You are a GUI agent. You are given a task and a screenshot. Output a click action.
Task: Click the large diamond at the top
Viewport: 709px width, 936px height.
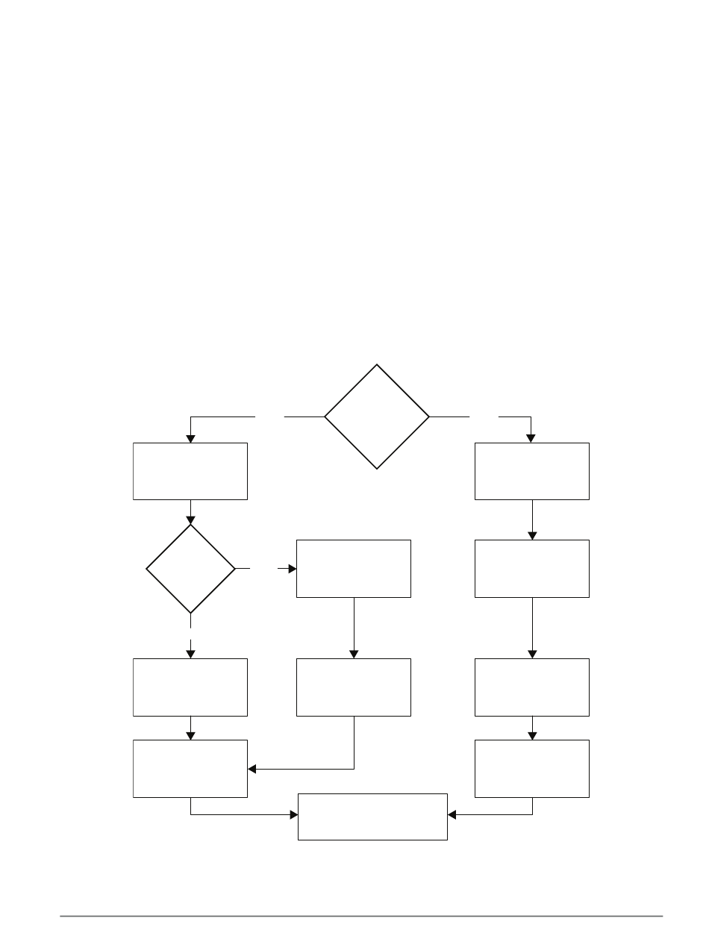[377, 416]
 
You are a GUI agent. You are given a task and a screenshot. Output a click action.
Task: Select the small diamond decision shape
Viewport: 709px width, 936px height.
[190, 569]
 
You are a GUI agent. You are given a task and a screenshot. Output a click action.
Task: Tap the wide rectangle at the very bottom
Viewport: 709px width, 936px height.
[372, 817]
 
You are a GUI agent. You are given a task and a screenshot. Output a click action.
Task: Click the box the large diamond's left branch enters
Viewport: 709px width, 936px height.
[190, 471]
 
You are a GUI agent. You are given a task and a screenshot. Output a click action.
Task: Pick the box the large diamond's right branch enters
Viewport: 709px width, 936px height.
[532, 471]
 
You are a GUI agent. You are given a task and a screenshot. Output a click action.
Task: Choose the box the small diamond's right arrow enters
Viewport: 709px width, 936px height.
[354, 568]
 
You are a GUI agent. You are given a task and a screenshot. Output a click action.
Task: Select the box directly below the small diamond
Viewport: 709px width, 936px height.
[190, 687]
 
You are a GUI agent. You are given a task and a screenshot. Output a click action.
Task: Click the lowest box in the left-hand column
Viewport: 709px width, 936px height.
[190, 768]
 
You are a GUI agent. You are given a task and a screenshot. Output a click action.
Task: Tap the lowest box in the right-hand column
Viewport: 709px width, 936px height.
[532, 768]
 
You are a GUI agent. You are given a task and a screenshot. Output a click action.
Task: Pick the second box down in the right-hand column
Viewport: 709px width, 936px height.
[532, 568]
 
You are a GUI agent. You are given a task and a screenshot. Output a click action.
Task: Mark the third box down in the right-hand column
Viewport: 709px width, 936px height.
[532, 687]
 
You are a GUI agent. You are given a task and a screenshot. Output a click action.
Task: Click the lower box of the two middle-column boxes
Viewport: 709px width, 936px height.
[354, 687]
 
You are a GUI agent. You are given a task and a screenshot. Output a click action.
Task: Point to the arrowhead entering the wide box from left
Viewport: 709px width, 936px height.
[293, 814]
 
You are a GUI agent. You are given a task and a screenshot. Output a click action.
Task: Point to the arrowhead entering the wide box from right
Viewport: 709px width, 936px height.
[452, 814]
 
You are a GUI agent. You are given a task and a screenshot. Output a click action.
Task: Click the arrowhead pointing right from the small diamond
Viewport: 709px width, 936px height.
[292, 569]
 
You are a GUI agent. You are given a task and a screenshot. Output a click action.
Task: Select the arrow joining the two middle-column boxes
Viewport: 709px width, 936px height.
[354, 627]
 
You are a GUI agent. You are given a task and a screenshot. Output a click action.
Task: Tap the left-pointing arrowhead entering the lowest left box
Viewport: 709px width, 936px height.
[252, 768]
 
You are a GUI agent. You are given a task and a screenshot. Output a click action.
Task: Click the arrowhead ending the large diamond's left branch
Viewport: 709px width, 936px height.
[190, 438]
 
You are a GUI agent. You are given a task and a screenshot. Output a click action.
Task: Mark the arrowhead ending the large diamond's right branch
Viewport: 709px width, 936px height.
[532, 438]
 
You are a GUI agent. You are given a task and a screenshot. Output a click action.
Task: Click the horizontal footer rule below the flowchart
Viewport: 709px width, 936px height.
[361, 915]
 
